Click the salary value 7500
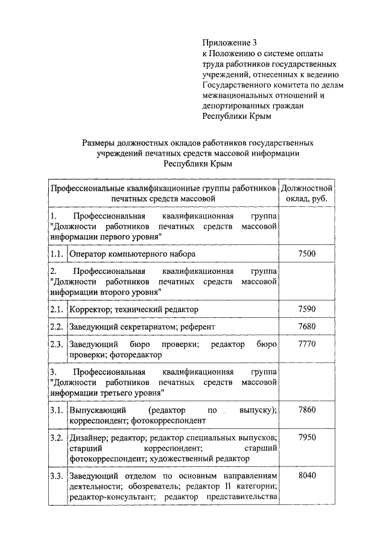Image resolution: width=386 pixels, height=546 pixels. click(306, 254)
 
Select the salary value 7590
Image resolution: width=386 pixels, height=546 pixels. click(306, 310)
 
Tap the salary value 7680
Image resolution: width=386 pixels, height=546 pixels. click(306, 326)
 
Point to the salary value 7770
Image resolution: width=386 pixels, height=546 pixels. click(306, 344)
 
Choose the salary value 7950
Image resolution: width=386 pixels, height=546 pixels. click(306, 437)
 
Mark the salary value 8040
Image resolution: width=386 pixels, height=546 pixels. click(306, 476)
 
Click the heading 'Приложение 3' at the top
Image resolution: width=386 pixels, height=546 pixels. click(229, 43)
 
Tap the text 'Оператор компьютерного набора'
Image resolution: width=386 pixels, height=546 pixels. click(132, 254)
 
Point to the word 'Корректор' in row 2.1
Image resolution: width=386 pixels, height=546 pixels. click(90, 310)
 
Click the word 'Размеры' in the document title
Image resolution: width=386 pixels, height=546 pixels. click(100, 143)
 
